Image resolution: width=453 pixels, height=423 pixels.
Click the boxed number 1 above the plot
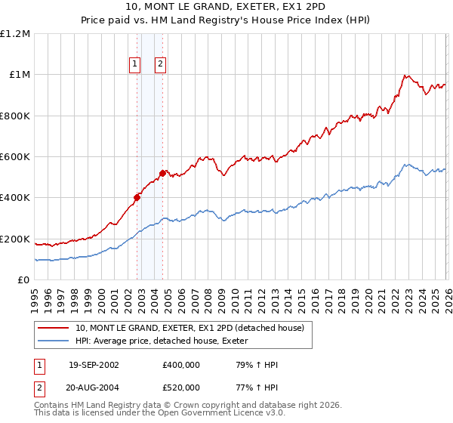click(x=134, y=65)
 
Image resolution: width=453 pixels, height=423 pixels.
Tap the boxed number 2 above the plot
click(x=161, y=65)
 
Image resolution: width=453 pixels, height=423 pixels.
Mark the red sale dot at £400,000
click(x=137, y=198)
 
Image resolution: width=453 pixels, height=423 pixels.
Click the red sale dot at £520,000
click(x=162, y=173)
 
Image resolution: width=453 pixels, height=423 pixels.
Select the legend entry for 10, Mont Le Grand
click(x=189, y=328)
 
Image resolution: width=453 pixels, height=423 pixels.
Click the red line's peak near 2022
click(x=406, y=76)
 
